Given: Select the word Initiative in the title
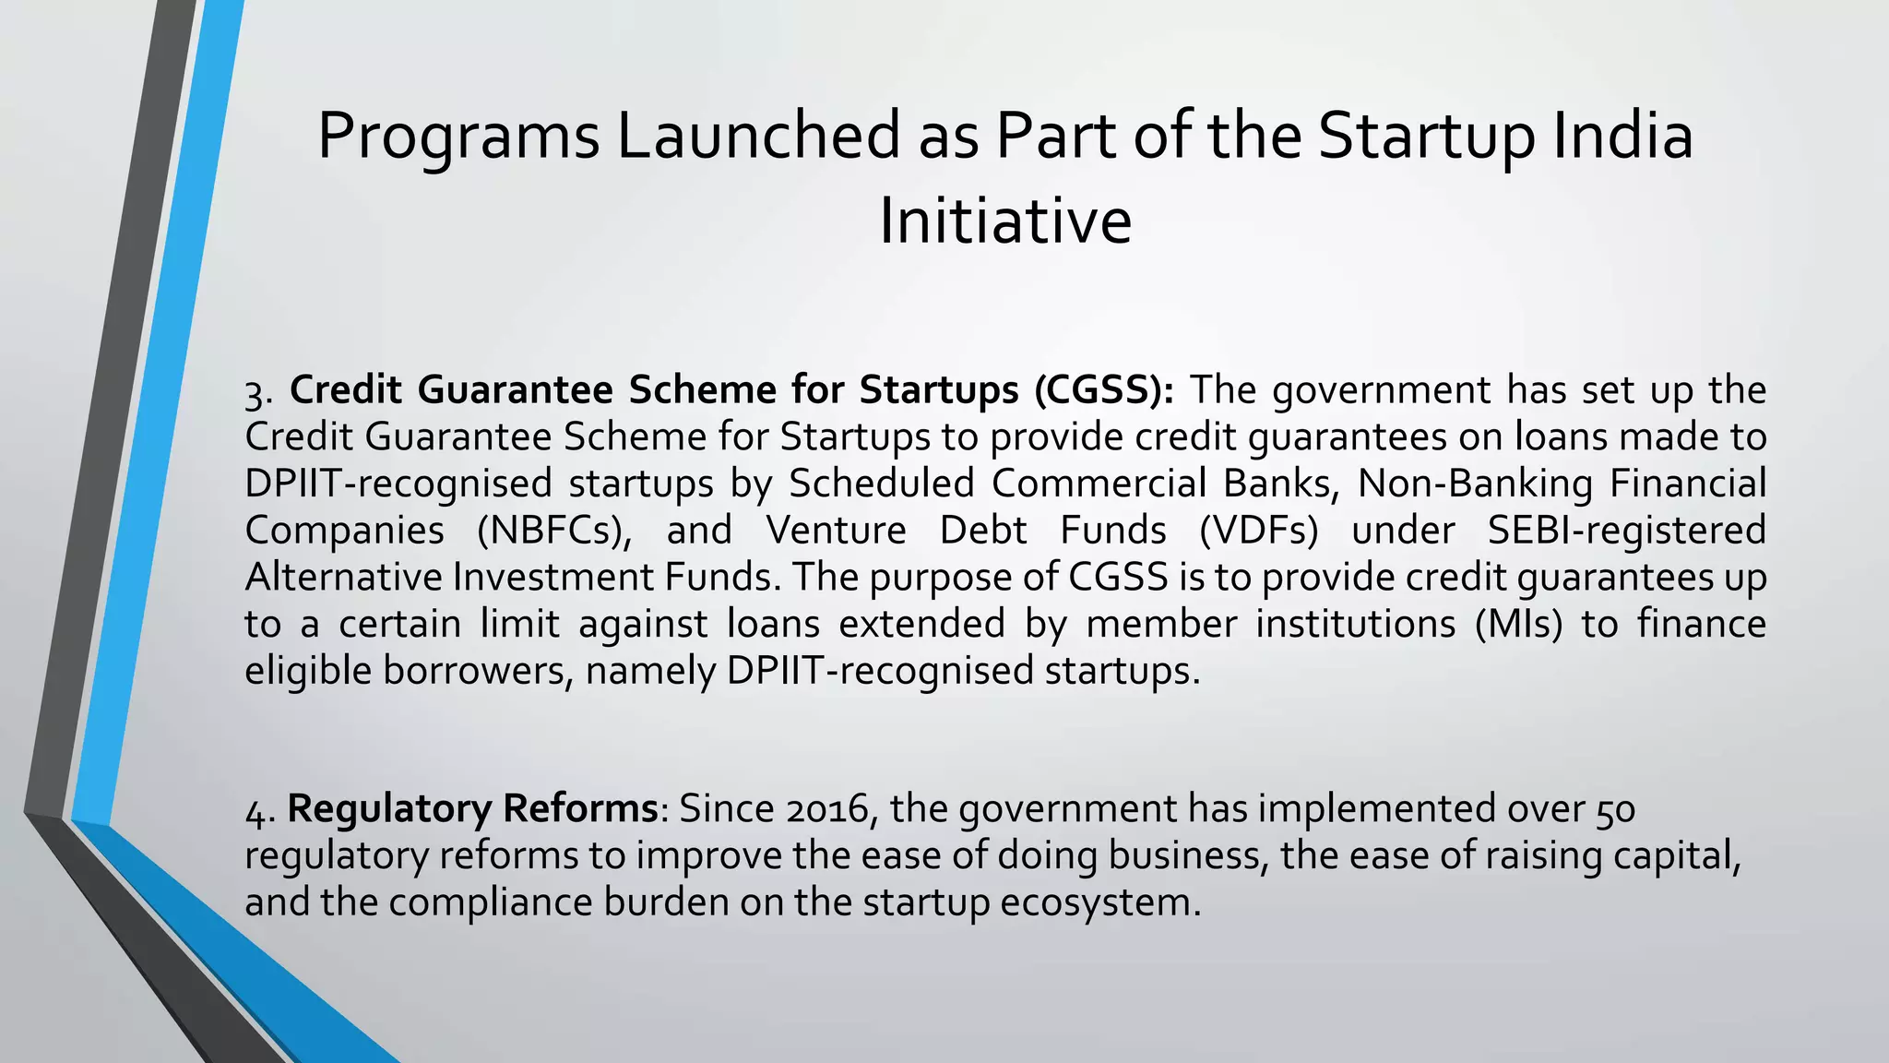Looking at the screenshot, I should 1004,221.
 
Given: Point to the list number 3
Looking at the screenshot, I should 256,392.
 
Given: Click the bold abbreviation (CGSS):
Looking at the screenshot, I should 1104,390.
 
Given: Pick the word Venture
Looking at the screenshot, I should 836,531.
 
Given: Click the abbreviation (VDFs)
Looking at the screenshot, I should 1258,531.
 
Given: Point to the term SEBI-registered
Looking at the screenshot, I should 1626,531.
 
